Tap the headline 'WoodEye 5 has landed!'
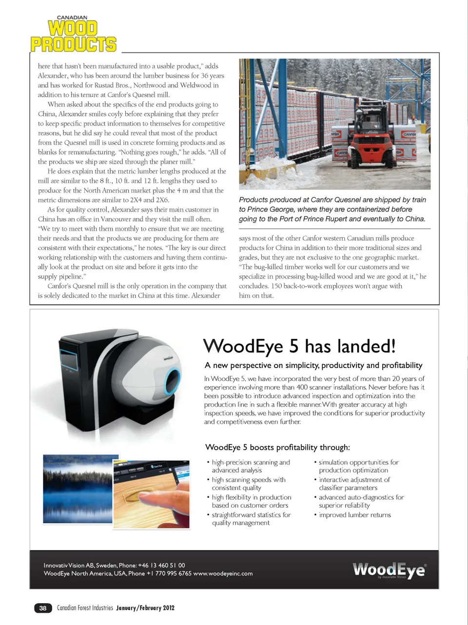pos(299,347)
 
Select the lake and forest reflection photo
pos(78,489)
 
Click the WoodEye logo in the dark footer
pos(389,570)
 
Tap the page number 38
pos(43,608)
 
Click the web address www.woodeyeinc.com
pos(223,573)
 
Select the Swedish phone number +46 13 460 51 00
pos(161,565)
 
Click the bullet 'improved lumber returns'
pos(354,515)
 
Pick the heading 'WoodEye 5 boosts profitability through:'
pos(277,447)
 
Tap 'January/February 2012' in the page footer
pos(145,608)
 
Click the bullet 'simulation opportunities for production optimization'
pos(358,466)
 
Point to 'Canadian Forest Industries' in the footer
pos(85,608)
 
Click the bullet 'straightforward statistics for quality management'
pos(251,519)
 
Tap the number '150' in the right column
pos(276,286)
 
